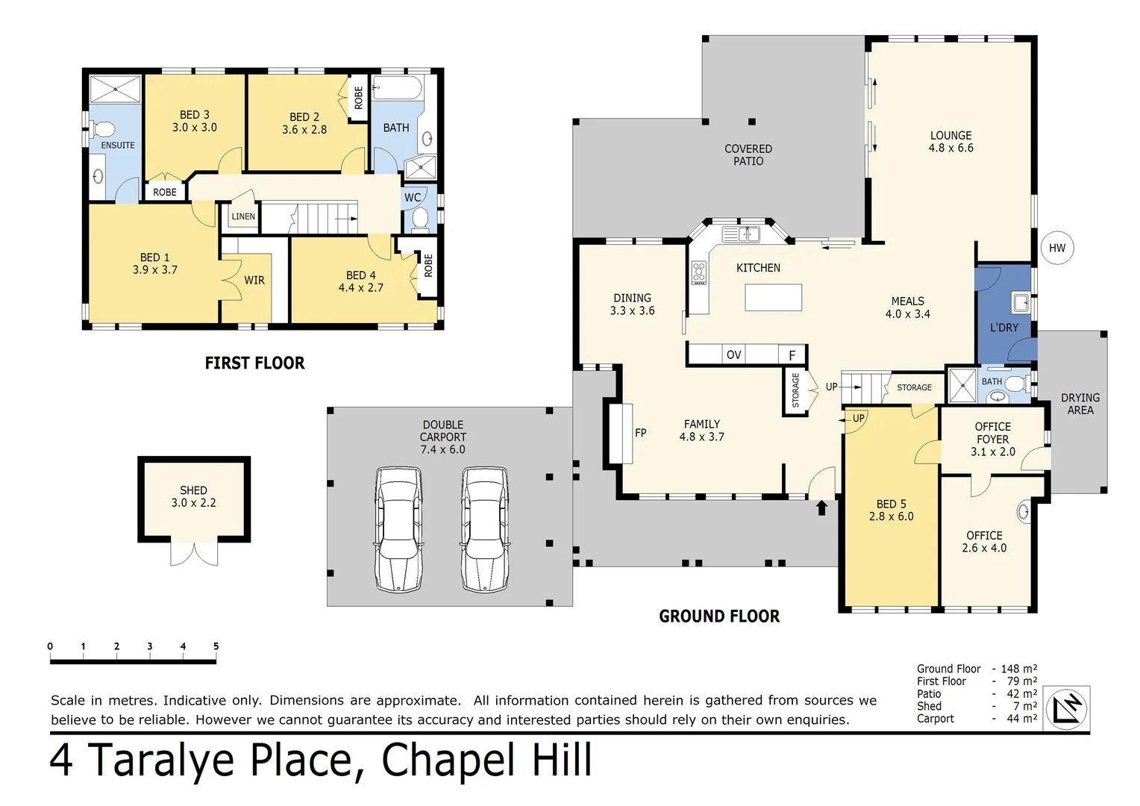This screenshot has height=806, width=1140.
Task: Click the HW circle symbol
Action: point(1056,248)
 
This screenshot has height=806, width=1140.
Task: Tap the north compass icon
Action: point(1067,708)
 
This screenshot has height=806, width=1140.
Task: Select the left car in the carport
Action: point(399,529)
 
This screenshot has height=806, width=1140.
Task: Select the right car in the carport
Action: point(485,529)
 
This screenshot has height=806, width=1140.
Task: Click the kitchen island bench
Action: point(773,297)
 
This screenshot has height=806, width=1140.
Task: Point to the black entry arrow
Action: point(821,507)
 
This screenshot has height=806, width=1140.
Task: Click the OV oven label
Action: point(733,355)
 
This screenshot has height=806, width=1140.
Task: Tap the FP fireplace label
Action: point(640,433)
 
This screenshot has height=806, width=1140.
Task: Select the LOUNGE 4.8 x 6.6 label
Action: point(950,142)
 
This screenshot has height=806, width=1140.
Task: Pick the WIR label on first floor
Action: point(254,281)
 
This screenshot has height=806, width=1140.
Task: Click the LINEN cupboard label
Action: point(243,216)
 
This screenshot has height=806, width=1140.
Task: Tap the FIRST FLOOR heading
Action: point(254,363)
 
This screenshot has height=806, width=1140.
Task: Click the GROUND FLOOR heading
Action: point(719,616)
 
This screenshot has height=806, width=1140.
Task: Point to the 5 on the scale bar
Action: point(216,646)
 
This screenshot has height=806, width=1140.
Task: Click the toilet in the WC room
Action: point(420,219)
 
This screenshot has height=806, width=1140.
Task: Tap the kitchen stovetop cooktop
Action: point(698,272)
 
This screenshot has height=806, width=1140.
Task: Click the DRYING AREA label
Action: point(1080,404)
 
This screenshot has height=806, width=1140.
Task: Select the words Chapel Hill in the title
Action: point(486,760)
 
